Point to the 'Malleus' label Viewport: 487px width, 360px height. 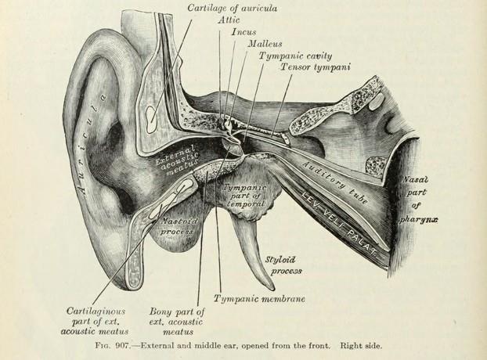point(265,45)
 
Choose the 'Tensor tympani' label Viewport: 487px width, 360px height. point(315,68)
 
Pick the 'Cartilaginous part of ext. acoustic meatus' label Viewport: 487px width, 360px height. point(92,319)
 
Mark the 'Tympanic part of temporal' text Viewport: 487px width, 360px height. point(244,196)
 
